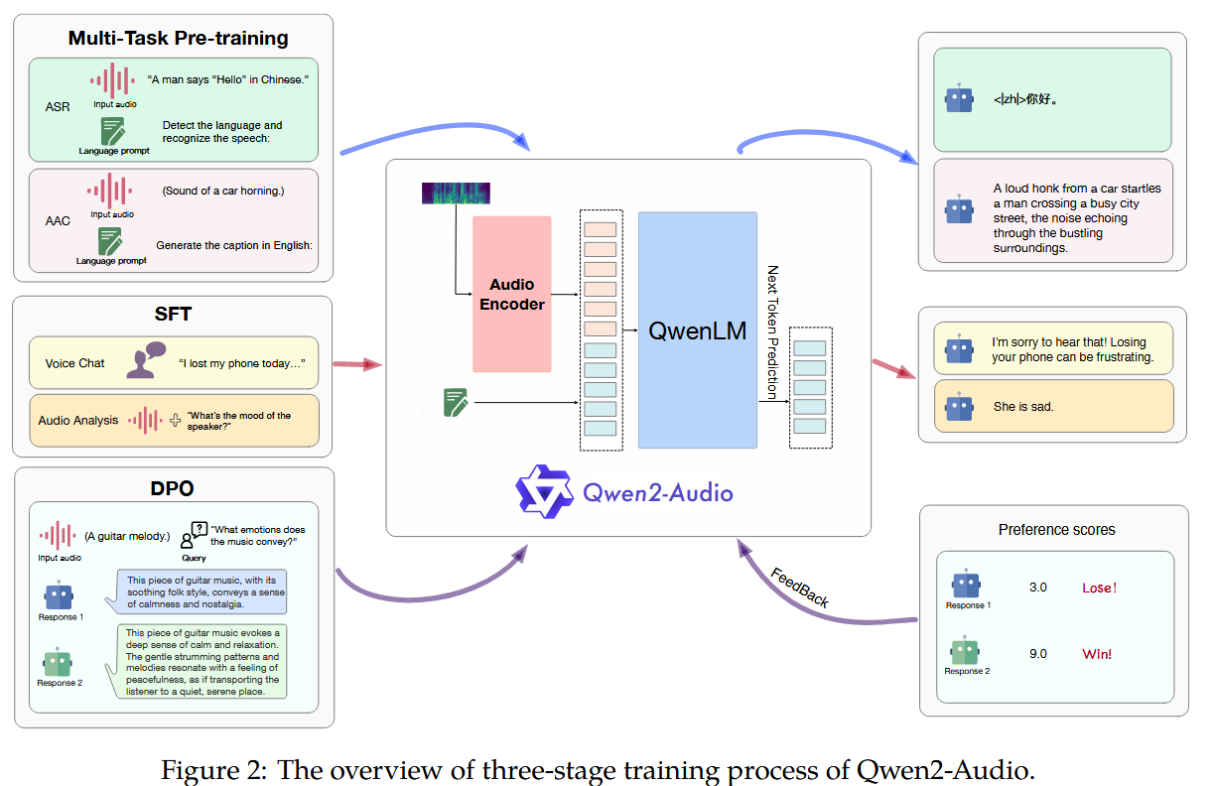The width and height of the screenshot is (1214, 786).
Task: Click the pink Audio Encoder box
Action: (x=511, y=294)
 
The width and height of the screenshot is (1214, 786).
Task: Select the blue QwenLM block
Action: (x=697, y=330)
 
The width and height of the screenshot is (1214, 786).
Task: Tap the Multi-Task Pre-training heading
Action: (x=178, y=39)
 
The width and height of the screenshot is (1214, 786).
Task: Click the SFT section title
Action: (x=174, y=315)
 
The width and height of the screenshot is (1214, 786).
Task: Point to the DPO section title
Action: (x=174, y=488)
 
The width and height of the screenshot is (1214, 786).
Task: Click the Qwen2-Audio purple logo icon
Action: (x=544, y=489)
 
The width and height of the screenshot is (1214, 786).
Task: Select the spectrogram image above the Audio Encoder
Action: (x=456, y=194)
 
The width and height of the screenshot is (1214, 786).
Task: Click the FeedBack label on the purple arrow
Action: (x=800, y=588)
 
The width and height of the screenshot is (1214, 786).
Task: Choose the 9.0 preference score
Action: (x=1038, y=653)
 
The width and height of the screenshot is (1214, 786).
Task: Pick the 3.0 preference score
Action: (x=1038, y=587)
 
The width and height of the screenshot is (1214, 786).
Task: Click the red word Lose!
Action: (x=1099, y=588)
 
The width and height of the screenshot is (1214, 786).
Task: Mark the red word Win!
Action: (x=1097, y=654)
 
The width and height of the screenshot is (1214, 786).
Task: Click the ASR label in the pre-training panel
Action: (x=58, y=106)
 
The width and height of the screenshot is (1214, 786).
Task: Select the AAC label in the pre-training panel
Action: (x=58, y=220)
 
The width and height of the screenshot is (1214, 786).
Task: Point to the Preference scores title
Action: (x=1056, y=530)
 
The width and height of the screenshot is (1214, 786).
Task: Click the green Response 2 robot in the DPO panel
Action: (x=59, y=661)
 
